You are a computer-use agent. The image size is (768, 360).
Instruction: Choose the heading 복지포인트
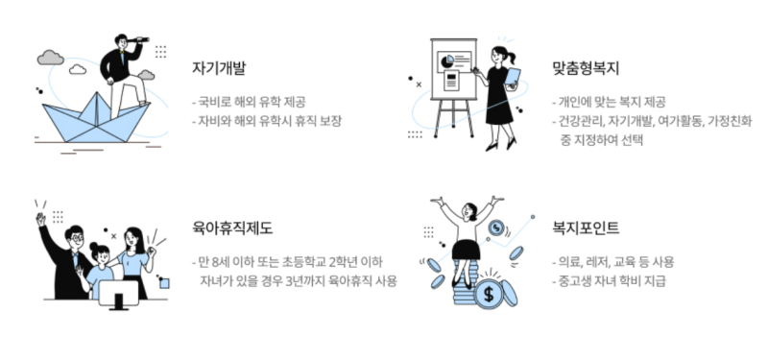point(587,228)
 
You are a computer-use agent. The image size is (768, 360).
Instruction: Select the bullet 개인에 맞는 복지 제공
point(611,101)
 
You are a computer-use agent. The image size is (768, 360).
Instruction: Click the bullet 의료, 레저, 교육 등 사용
point(614,261)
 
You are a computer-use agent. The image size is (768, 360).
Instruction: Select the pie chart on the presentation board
point(447,60)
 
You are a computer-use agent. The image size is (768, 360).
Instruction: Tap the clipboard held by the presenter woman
point(513,77)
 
